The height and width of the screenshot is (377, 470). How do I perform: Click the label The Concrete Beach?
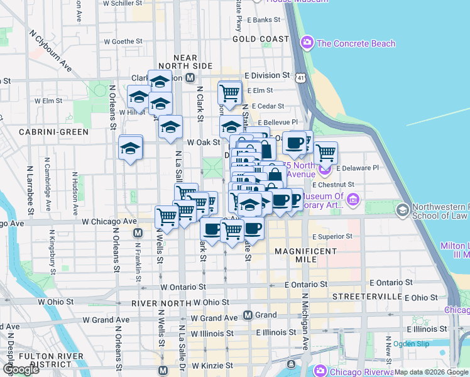tap(356, 43)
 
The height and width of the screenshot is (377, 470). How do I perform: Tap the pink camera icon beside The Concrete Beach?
tap(307, 43)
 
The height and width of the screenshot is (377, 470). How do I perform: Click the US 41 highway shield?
tap(302, 77)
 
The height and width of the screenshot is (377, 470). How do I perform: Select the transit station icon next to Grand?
tap(248, 315)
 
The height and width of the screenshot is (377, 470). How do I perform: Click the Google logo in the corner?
tap(21, 369)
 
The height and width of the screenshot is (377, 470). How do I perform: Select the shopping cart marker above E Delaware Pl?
tap(325, 153)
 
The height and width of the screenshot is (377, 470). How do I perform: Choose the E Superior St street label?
tap(332, 237)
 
